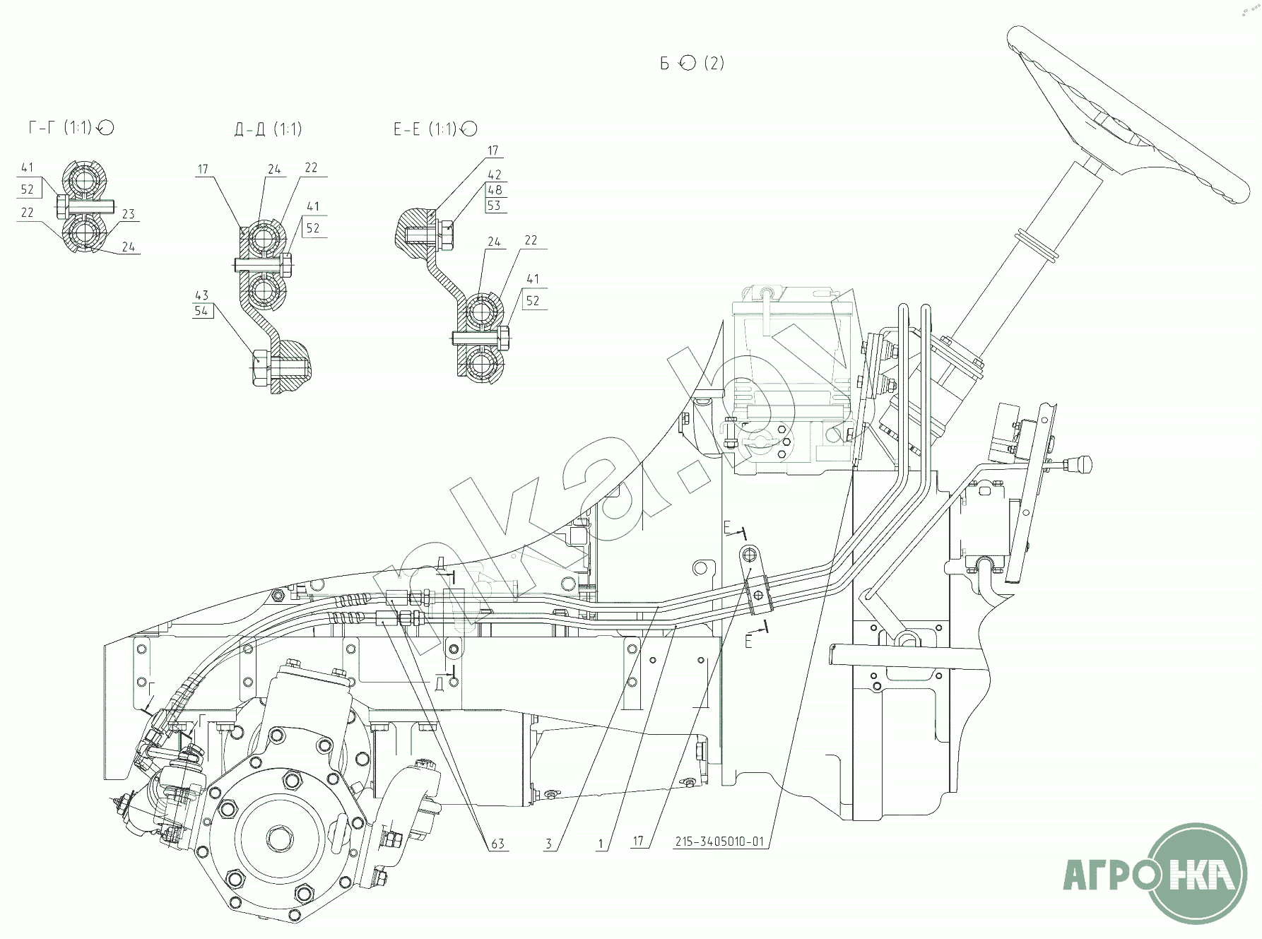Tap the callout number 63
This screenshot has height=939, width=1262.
498,844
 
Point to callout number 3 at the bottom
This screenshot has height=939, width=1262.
548,844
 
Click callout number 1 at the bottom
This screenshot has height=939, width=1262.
601,844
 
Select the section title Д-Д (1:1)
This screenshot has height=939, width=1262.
267,129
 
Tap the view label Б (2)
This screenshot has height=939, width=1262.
692,64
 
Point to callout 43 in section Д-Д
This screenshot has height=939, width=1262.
202,295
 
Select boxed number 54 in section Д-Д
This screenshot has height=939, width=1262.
202,311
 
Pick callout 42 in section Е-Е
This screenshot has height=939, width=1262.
495,175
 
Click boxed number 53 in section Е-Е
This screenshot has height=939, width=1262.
495,206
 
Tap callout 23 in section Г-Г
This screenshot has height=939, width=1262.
128,214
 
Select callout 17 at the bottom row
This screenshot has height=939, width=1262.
638,842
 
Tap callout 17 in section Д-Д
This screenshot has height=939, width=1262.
204,170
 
